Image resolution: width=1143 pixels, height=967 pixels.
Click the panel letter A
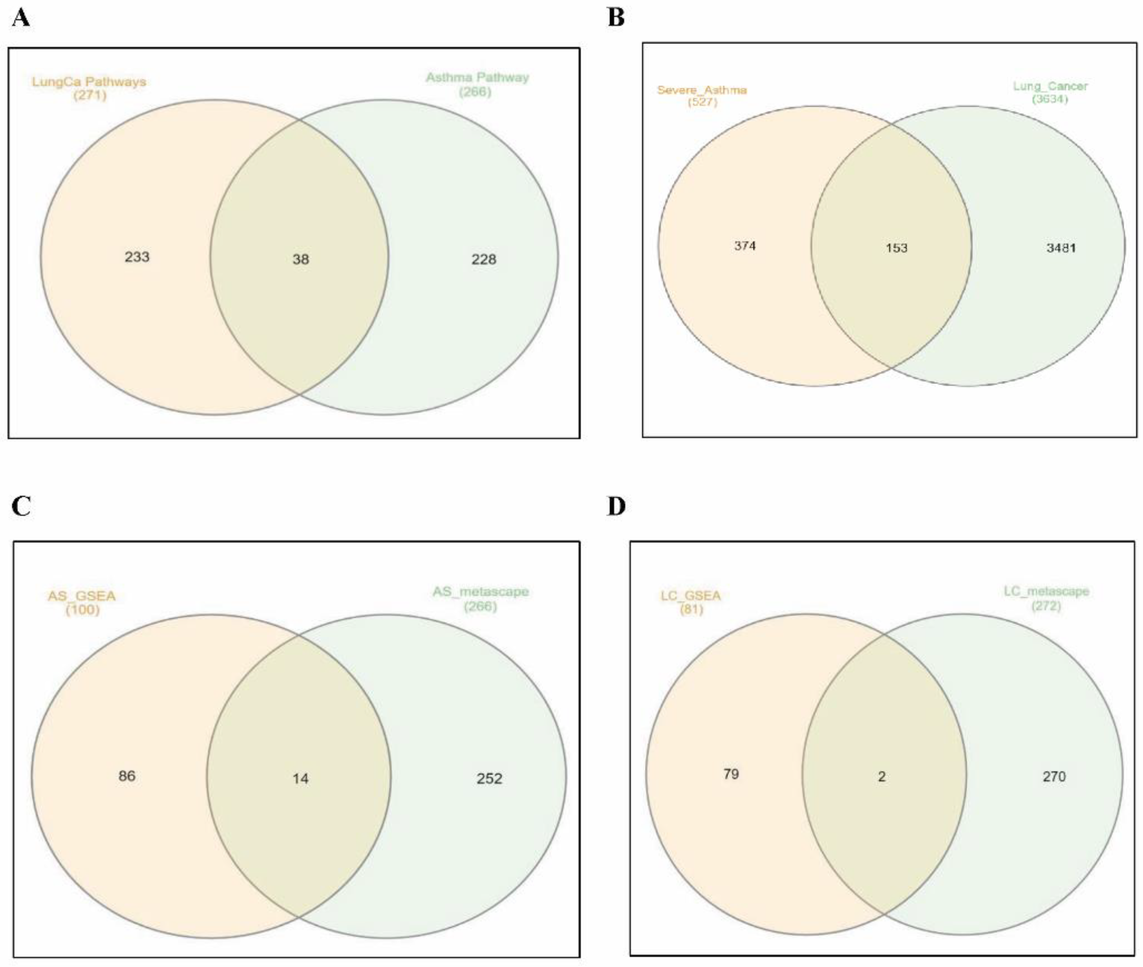point(20,18)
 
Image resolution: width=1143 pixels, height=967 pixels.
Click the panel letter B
point(616,18)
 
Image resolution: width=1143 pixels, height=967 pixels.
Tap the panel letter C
point(21,506)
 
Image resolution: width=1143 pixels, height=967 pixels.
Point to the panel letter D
point(616,506)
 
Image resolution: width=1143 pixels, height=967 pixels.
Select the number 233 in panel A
point(137,257)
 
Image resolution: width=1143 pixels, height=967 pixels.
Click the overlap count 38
point(300,259)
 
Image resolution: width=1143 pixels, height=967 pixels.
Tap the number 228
point(484,259)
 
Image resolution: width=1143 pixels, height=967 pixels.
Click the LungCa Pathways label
point(89,82)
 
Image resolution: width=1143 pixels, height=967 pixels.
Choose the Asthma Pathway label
point(477,78)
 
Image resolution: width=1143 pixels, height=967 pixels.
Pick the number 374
point(745,246)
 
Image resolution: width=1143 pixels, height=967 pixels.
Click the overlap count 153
point(896,248)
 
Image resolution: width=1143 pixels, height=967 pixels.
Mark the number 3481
point(1061,248)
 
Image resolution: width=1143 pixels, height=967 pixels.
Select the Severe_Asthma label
point(702,90)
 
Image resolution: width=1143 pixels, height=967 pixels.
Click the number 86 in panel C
point(127,776)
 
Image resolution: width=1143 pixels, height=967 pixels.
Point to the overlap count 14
point(300,778)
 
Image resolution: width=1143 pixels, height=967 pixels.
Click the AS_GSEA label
point(82,596)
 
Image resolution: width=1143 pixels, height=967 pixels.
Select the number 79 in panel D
point(731,774)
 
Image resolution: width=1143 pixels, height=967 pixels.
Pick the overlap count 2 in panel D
point(882,776)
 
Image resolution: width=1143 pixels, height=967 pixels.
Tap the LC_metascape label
point(1046,592)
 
